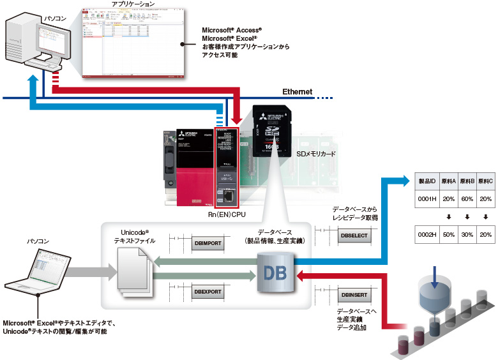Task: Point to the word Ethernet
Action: coord(298,92)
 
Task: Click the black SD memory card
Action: coord(274,130)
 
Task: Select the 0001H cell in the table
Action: coord(426,198)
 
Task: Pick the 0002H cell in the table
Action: coord(426,234)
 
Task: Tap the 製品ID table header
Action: coord(426,181)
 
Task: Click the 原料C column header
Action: coord(487,181)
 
